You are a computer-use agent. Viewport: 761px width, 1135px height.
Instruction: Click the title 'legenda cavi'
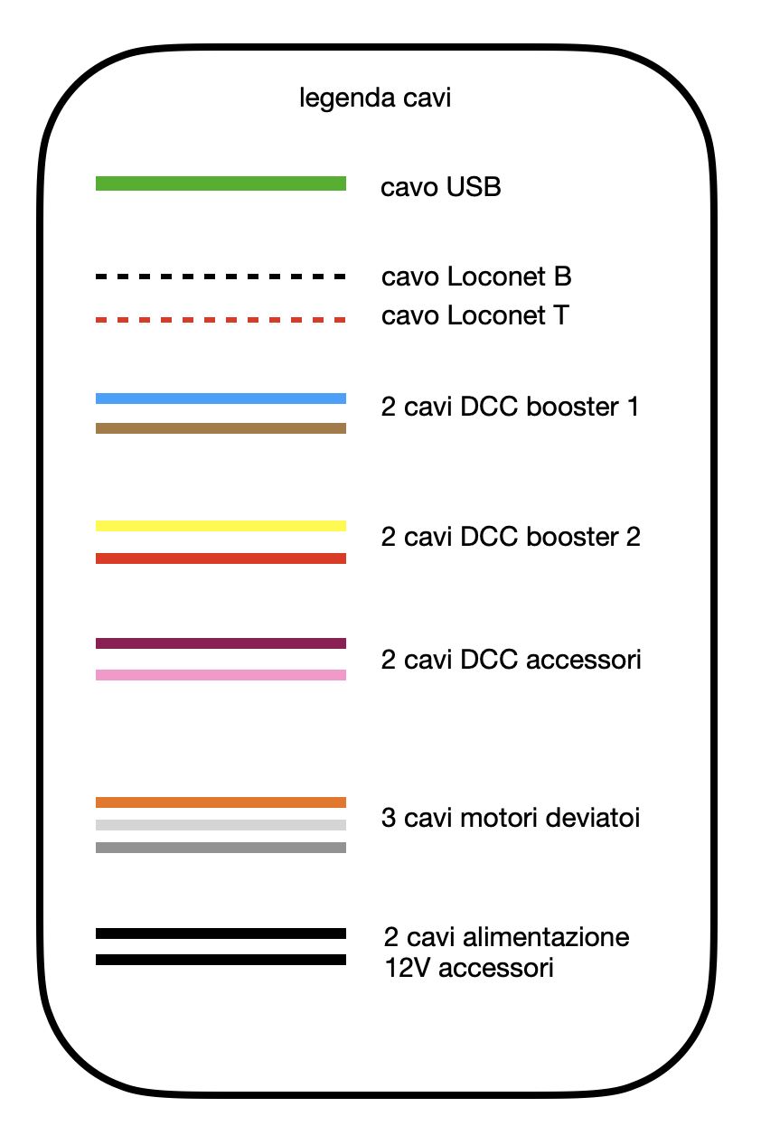(x=375, y=98)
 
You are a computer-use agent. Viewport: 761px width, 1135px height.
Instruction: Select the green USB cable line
(x=221, y=183)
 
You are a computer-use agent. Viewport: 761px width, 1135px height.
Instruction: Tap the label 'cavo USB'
(x=441, y=188)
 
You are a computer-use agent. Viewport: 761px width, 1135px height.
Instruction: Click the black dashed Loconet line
(x=221, y=277)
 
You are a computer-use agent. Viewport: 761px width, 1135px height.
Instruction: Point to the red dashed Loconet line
(x=221, y=320)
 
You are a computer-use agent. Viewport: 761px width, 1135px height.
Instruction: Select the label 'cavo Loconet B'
(x=476, y=276)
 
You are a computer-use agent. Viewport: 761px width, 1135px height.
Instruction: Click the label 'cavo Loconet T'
(x=475, y=316)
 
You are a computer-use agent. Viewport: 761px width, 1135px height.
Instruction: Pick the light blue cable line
(x=221, y=399)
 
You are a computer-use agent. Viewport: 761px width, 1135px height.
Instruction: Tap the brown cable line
(x=221, y=428)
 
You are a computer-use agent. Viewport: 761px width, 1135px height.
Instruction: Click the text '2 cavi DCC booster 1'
(x=511, y=407)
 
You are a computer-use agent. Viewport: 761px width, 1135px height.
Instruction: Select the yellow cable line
(x=221, y=525)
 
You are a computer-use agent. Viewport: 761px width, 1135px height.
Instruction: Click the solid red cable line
(x=221, y=558)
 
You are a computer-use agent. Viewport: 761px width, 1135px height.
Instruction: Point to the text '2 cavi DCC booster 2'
(x=512, y=537)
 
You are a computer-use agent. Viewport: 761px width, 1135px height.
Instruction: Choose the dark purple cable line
(x=221, y=643)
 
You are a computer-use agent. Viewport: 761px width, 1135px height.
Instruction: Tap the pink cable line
(x=221, y=675)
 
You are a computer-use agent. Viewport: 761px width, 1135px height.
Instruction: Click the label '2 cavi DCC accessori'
(x=512, y=660)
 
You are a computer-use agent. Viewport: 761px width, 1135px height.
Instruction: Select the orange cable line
(x=221, y=802)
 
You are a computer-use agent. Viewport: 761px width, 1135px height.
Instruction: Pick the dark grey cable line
(x=221, y=848)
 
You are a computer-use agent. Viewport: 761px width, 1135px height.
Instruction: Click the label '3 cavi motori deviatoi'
(x=512, y=819)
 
